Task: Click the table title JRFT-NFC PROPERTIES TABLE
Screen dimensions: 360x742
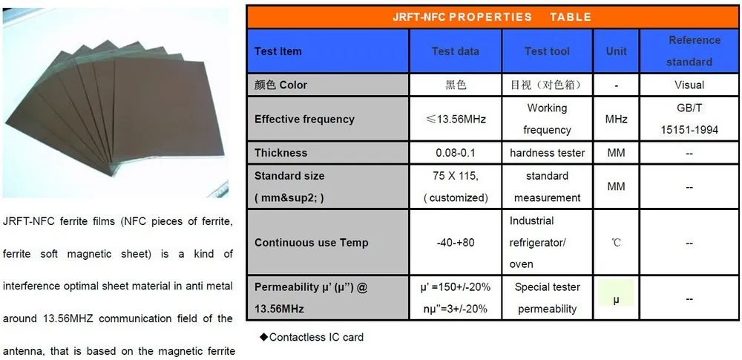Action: (492, 16)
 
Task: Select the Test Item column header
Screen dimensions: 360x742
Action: (278, 51)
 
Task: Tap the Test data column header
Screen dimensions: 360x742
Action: (455, 51)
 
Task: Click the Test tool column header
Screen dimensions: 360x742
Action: (547, 51)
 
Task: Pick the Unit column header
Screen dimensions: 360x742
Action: (616, 51)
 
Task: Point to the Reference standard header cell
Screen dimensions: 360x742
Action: (689, 50)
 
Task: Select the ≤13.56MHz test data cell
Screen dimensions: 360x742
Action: (455, 119)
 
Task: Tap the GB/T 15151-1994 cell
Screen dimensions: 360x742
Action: (689, 119)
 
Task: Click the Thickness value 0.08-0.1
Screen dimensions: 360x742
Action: (455, 153)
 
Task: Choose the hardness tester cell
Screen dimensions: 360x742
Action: (547, 153)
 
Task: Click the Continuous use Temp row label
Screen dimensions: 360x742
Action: (311, 243)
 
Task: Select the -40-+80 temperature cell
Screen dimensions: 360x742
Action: (455, 243)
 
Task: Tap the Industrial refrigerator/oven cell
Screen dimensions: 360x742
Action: (547, 243)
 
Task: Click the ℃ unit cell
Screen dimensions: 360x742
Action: (616, 243)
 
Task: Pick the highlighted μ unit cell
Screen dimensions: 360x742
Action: (616, 298)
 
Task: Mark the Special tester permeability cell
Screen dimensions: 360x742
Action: (547, 298)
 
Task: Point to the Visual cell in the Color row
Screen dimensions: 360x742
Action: (689, 85)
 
